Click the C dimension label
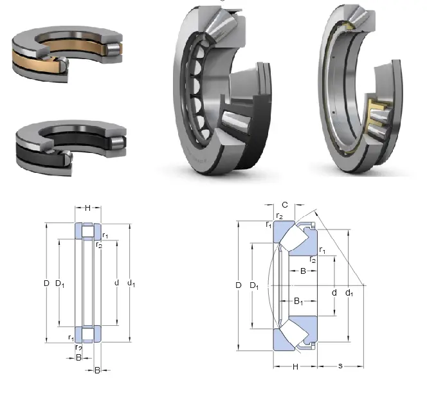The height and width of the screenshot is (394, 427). [285, 204]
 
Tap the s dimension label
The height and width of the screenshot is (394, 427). [340, 366]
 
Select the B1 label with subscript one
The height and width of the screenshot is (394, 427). [298, 301]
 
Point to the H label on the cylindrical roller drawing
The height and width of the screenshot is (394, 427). [87, 208]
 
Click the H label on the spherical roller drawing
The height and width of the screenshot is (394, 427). [295, 367]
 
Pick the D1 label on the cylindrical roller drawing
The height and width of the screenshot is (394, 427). [60, 283]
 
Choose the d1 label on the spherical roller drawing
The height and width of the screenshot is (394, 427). [349, 293]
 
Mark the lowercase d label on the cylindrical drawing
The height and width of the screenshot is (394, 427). [116, 283]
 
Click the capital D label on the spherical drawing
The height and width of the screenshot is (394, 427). [239, 285]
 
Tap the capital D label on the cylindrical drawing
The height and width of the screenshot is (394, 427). [46, 283]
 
